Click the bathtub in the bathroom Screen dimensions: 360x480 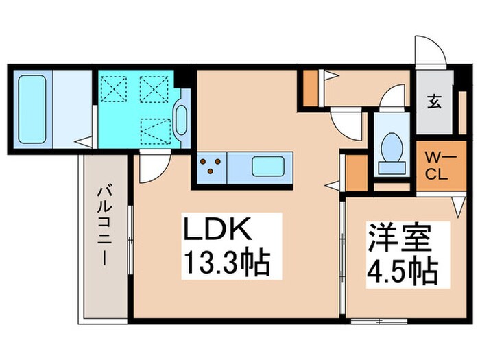pyautogui.click(x=32, y=110)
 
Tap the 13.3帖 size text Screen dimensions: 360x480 pyautogui.click(x=224, y=261)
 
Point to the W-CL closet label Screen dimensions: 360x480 pyautogui.click(x=435, y=167)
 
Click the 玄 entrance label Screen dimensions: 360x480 pyautogui.click(x=435, y=102)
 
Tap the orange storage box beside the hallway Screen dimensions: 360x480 pyautogui.click(x=311, y=87)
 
